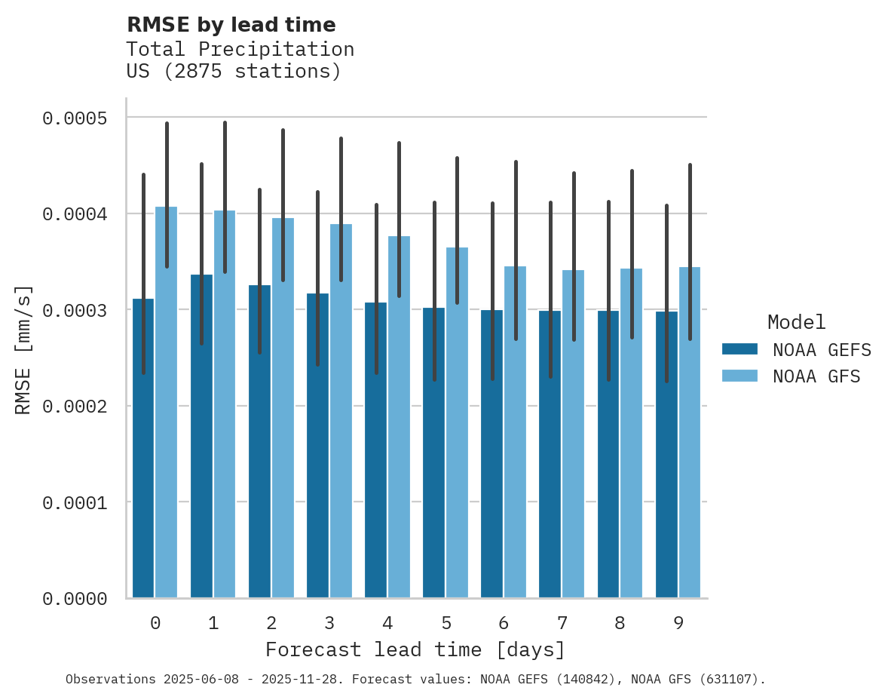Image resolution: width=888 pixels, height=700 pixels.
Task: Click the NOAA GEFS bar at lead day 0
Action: pos(143,453)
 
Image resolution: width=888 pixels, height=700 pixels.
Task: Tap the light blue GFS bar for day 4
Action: pos(399,453)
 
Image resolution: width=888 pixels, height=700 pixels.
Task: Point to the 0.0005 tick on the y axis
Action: pos(75,118)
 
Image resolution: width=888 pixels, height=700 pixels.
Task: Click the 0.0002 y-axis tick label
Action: pos(75,407)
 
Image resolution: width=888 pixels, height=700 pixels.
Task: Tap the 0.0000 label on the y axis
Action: pos(75,599)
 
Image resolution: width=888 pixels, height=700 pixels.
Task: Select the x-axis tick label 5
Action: pos(446,623)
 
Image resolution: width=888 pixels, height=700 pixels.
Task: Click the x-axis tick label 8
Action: pos(620,623)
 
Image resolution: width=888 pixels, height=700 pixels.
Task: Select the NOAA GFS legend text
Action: pos(816,376)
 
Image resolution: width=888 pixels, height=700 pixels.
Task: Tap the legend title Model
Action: pos(797,322)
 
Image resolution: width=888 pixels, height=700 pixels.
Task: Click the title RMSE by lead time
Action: pos(231,25)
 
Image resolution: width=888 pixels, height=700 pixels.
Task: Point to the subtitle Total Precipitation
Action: pos(240,49)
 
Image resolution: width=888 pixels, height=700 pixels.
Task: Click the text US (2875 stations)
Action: pos(234,72)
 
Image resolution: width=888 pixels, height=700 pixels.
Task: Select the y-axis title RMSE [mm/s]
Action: pos(23,350)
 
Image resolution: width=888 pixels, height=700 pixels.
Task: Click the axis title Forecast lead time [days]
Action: pos(415,649)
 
